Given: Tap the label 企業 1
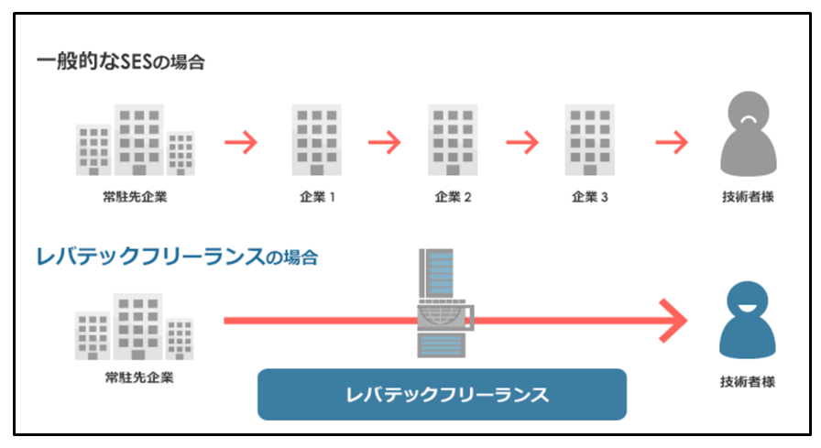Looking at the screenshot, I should (x=317, y=196).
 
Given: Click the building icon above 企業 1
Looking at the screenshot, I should (x=317, y=140).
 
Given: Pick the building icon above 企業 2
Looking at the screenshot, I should (x=453, y=140).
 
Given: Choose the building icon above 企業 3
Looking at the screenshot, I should (x=589, y=140).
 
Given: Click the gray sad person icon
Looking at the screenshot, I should (x=749, y=134).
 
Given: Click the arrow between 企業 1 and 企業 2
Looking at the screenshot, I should (x=385, y=143).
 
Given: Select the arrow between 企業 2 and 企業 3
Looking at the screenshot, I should (x=521, y=143).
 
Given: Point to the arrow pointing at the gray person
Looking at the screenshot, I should (x=671, y=143).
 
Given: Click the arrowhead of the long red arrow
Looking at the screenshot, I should (x=675, y=320).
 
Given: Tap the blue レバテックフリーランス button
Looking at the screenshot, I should (x=442, y=395).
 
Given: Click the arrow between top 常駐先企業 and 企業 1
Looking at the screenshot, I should (x=241, y=143).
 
